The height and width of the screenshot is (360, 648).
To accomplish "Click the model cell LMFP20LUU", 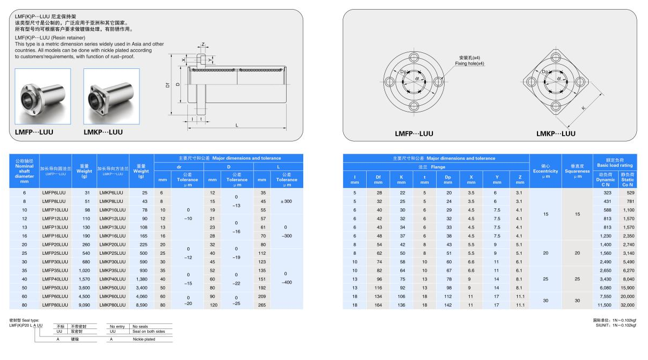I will click(56, 245).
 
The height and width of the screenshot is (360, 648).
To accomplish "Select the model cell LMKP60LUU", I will click(113, 296).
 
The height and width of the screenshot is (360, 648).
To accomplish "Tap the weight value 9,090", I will click(84, 305).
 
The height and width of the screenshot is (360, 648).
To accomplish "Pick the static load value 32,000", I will click(627, 305).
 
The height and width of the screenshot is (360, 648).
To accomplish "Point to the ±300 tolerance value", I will click(286, 201).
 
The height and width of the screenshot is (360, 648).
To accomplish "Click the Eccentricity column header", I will click(546, 171).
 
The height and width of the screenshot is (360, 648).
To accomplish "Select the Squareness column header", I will click(577, 171).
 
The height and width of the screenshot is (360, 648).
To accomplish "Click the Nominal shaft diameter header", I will click(24, 171).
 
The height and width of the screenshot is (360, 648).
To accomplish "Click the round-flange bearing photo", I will click(42, 97).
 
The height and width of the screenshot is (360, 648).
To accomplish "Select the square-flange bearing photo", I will click(112, 97).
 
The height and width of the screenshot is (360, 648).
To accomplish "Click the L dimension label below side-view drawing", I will click(237, 125).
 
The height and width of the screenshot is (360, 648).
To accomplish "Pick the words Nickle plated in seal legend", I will click(144, 339).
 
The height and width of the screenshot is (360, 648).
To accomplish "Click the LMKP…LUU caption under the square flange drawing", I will click(556, 134).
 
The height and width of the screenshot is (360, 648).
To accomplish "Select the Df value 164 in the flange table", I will click(378, 305).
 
